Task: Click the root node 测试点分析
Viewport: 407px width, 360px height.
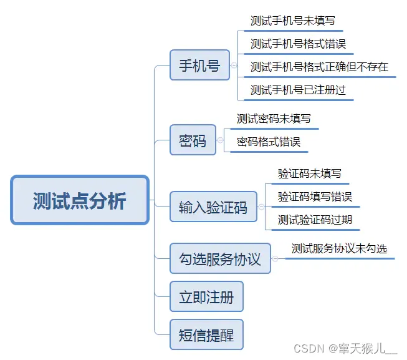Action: point(80,200)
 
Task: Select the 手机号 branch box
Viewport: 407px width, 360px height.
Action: point(199,65)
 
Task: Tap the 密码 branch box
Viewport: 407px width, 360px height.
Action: point(193,140)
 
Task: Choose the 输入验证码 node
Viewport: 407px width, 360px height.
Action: point(213,207)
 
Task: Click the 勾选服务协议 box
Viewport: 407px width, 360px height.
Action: point(220,259)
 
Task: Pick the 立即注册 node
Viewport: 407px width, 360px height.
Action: point(206,297)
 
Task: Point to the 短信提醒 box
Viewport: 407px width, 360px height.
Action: point(206,335)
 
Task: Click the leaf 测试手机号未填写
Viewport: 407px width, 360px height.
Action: point(289,21)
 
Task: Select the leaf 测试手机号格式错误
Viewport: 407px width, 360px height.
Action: point(298,44)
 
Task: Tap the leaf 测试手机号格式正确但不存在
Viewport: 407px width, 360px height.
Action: point(319,67)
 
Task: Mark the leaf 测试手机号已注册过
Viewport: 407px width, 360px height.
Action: point(298,89)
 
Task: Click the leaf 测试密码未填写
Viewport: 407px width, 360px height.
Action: point(274,119)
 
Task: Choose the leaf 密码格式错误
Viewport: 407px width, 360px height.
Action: point(269,142)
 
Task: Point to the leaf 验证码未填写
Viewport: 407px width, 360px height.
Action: point(310,173)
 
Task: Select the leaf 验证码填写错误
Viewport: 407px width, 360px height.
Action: point(315,197)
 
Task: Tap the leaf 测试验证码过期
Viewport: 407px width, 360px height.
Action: point(315,220)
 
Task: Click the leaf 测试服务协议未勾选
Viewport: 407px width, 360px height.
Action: point(339,248)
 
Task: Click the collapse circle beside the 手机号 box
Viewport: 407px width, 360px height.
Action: point(234,65)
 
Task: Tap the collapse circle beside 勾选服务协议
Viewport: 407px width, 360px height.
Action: point(275,259)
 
